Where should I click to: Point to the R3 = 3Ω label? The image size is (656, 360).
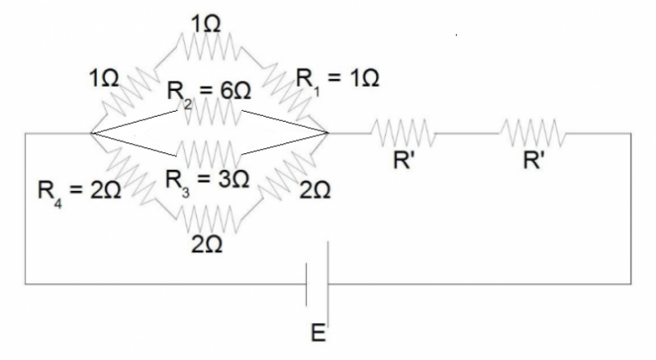(206, 178)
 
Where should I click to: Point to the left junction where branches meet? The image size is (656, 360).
(90, 133)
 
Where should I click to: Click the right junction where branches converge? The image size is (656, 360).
(326, 133)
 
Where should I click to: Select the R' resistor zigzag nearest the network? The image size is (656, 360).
(405, 132)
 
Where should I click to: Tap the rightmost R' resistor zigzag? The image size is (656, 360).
(532, 132)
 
